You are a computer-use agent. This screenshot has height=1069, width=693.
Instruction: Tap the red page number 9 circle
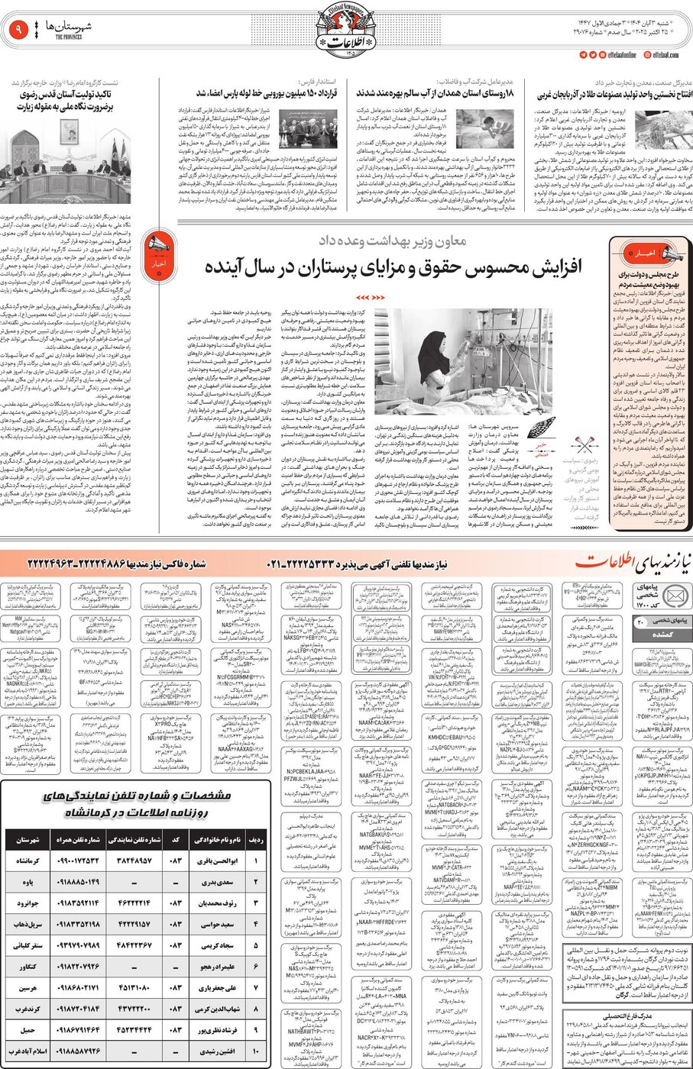tap(18, 31)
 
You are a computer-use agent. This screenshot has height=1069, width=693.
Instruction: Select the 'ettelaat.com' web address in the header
tap(666, 56)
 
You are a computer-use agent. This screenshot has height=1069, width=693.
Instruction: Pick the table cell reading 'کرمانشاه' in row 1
tap(28, 861)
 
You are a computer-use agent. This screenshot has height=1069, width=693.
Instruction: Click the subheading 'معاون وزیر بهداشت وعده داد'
tap(392, 241)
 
